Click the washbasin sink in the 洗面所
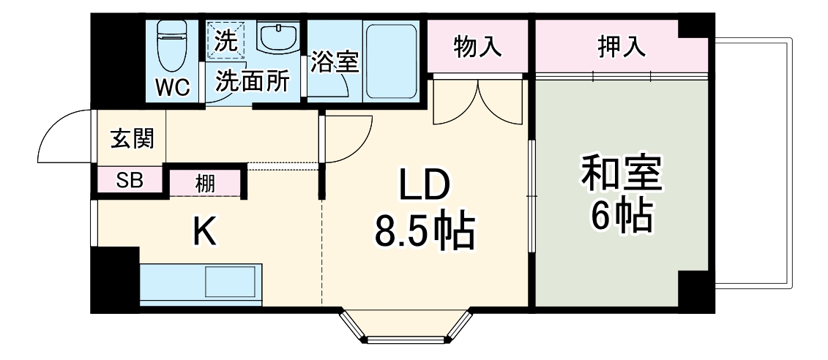[279, 37]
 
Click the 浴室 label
[334, 61]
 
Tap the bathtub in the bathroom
[392, 61]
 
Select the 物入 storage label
[477, 47]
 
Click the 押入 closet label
[621, 47]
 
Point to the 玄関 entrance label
[133, 138]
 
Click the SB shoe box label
[130, 180]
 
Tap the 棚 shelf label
[205, 183]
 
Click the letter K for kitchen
[204, 233]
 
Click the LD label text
[423, 187]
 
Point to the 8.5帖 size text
[425, 231]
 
